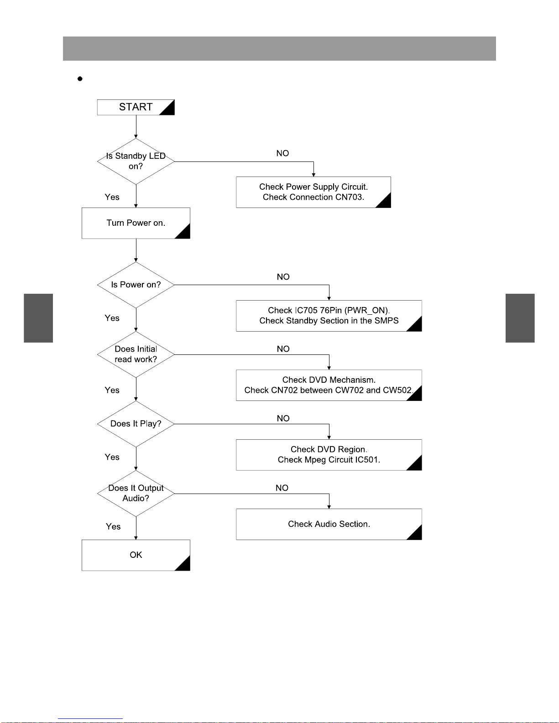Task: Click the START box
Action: coord(136,107)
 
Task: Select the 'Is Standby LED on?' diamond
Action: coord(136,161)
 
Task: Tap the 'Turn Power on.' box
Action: coord(136,223)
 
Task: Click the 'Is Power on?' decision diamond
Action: coord(136,285)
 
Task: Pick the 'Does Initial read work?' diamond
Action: coord(136,354)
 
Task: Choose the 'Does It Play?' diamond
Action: coord(136,424)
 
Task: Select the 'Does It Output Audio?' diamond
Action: coord(136,494)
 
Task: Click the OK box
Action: coord(136,555)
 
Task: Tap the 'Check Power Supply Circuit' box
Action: coord(313,192)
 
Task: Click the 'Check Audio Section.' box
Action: coord(329,524)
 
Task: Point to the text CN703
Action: coord(350,198)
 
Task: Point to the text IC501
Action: coord(368,460)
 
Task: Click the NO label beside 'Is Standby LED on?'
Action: coord(282,153)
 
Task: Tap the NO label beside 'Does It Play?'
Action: coord(283,418)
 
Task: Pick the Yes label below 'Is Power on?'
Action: coord(112,318)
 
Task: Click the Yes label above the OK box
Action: coord(113,526)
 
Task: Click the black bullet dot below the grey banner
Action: coord(80,79)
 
